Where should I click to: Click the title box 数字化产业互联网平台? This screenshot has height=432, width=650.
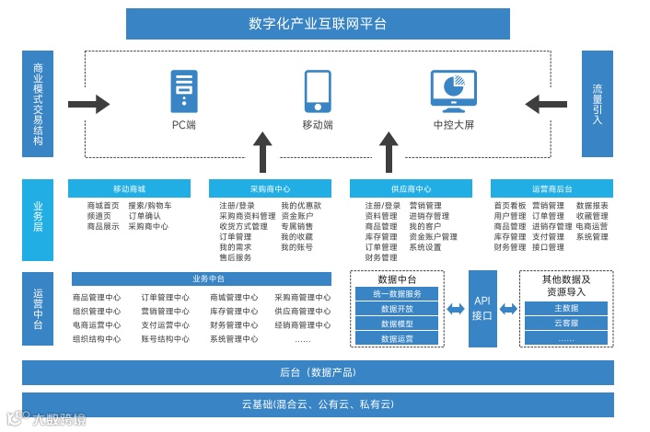click(x=318, y=24)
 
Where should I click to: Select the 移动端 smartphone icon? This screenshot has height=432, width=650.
click(x=318, y=91)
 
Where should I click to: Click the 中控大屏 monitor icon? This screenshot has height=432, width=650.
click(x=453, y=90)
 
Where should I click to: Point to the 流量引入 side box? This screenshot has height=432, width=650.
click(x=598, y=104)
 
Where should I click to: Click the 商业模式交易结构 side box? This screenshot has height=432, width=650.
click(x=38, y=104)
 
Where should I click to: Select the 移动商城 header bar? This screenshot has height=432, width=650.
click(x=129, y=188)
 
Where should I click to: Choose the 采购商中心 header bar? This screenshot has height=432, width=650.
click(x=270, y=188)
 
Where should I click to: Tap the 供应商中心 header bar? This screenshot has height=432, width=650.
click(x=411, y=188)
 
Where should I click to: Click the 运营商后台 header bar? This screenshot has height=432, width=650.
click(x=551, y=188)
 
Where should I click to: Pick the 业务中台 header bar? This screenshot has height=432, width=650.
click(x=209, y=279)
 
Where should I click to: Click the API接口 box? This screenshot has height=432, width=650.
click(x=482, y=308)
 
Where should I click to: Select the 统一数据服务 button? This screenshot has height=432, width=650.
click(x=397, y=294)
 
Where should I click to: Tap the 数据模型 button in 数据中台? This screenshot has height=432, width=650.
click(x=397, y=324)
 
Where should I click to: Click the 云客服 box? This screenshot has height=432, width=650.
click(x=566, y=324)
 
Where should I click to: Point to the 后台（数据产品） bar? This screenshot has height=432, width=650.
click(x=318, y=372)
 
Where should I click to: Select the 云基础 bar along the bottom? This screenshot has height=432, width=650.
click(x=318, y=404)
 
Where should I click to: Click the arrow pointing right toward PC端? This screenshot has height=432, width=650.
click(x=88, y=103)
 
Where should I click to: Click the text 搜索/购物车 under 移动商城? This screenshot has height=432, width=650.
click(x=149, y=206)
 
